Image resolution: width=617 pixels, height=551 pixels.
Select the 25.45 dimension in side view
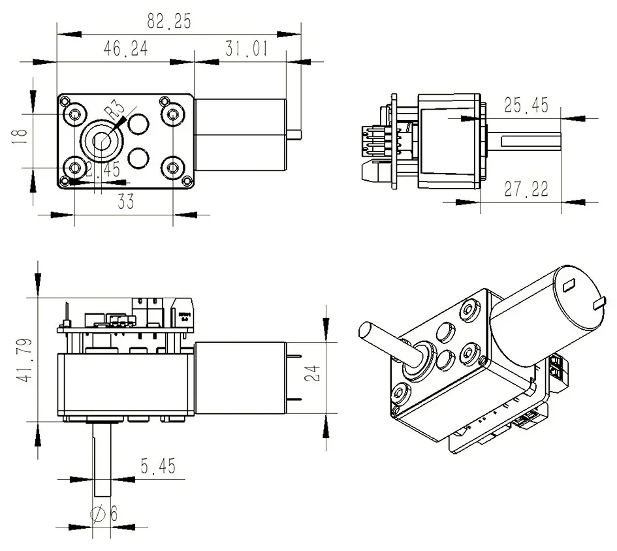coord(526,106)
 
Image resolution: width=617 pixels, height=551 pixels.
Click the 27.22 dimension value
coord(526,190)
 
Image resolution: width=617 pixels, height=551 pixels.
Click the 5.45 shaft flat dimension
coord(157,467)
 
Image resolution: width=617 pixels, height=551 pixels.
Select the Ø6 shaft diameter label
coord(104,514)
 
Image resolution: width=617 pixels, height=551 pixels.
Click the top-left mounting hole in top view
coord(74,115)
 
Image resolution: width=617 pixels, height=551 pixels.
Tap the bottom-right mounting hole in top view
coord(173,168)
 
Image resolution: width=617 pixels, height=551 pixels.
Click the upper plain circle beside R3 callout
coord(139,122)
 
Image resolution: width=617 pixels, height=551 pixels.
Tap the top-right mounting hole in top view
coord(173,115)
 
